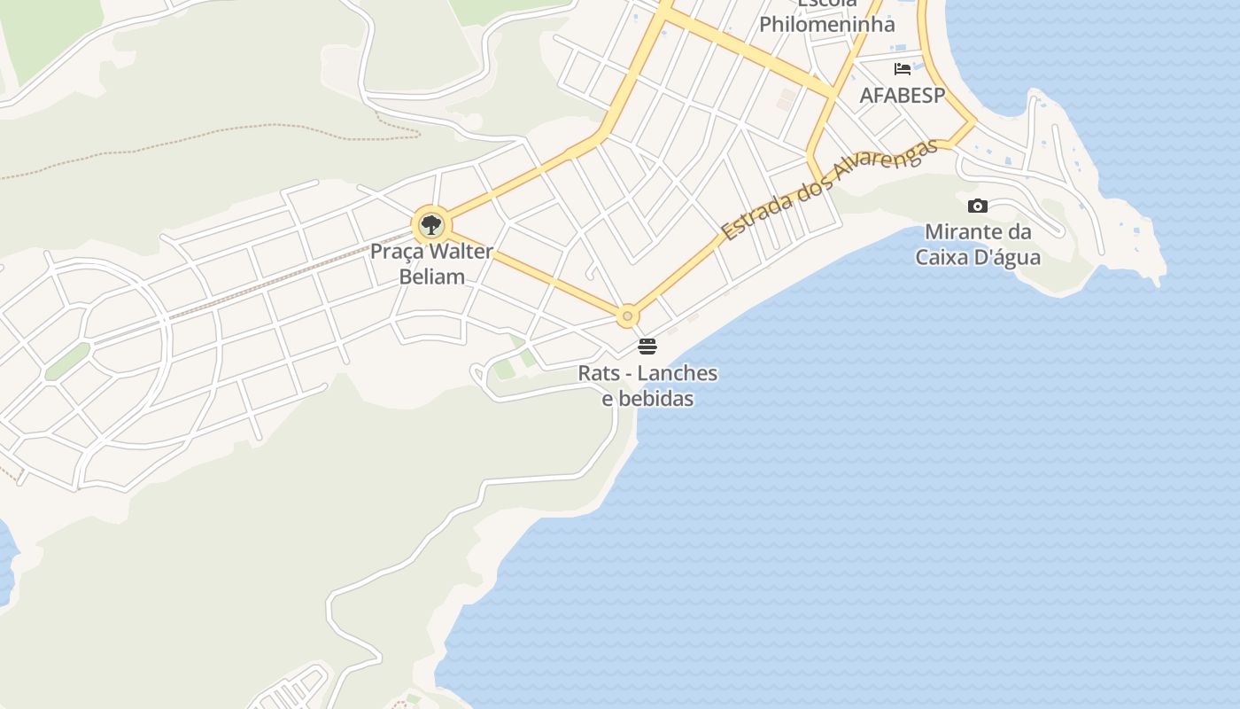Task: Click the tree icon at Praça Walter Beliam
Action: click(x=431, y=224)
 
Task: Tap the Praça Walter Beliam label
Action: click(x=431, y=264)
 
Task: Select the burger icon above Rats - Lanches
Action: click(x=647, y=346)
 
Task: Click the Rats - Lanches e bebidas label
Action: click(x=647, y=386)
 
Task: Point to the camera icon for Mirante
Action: click(x=978, y=206)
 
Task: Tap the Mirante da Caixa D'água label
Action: click(x=978, y=245)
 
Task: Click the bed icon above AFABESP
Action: click(x=903, y=69)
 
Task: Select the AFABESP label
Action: click(x=903, y=95)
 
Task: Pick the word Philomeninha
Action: click(x=827, y=24)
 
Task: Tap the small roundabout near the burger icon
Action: click(x=628, y=316)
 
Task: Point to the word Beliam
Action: click(x=431, y=277)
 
